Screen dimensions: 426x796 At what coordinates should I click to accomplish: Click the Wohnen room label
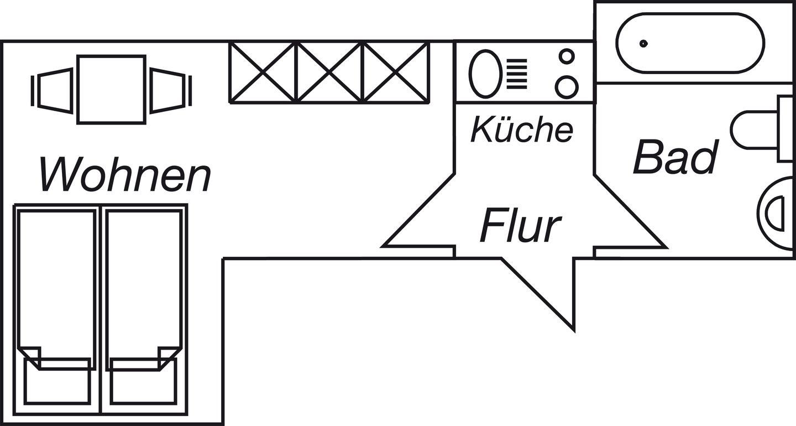(x=125, y=174)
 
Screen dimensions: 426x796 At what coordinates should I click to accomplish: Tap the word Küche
(x=521, y=130)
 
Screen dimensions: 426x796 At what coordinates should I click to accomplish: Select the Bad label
(x=675, y=157)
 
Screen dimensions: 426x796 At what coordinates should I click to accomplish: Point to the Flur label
(x=520, y=226)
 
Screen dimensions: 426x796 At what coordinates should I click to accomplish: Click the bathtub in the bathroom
(x=690, y=43)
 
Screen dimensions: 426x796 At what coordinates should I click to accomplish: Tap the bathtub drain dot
(x=643, y=43)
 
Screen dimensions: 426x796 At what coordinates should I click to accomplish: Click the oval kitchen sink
(x=485, y=72)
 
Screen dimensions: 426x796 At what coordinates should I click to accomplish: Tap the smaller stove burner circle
(x=567, y=56)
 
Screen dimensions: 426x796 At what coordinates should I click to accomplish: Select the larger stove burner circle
(x=567, y=86)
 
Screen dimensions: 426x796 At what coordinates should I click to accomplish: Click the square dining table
(x=111, y=89)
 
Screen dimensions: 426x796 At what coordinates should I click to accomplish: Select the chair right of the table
(x=169, y=89)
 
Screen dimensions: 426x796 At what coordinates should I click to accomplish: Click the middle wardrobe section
(x=330, y=72)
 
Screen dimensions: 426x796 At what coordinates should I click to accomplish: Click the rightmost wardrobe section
(x=396, y=72)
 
